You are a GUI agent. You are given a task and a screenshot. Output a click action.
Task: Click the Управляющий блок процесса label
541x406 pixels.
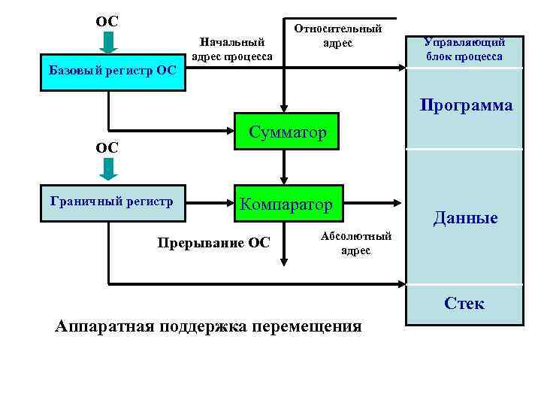point(463,50)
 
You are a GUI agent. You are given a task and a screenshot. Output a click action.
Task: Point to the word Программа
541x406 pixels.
point(466,105)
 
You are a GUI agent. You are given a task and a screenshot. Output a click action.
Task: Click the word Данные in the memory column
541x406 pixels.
point(465,218)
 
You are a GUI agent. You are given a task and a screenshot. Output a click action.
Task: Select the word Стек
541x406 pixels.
point(464,303)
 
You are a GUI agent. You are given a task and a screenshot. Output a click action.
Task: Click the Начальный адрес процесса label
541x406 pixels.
point(232,50)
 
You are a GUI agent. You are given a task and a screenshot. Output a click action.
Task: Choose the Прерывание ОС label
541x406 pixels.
point(213,242)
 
